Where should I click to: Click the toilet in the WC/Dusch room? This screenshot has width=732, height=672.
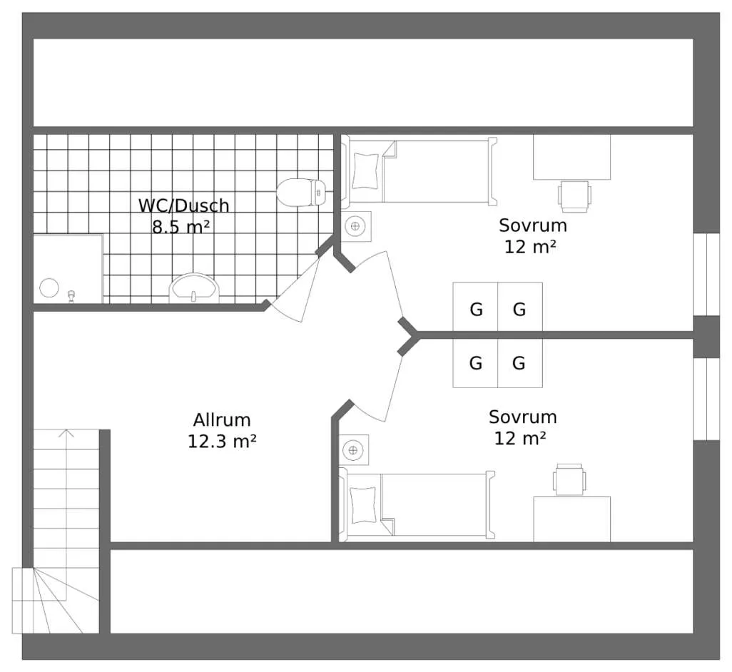pos(301,193)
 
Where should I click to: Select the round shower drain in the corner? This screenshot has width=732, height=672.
pos(49,288)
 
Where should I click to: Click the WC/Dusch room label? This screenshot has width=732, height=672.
pos(184,205)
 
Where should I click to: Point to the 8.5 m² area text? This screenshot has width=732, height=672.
pos(181,228)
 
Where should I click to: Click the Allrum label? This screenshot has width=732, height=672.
pos(222,420)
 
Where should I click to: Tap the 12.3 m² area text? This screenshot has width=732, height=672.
pos(222,441)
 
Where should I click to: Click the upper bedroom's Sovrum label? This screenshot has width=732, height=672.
pos(533,225)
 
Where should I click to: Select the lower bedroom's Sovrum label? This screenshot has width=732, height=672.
pos(522,417)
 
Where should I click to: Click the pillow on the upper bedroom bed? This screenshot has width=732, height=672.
pos(365,170)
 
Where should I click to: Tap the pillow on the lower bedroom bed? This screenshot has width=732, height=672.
pos(362,505)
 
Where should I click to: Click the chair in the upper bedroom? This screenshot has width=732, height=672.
pos(574,196)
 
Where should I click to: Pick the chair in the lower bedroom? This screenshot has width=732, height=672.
pos(569,479)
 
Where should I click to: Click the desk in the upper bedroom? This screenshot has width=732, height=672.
pos(572,157)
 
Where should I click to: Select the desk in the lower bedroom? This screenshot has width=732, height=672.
pos(572,519)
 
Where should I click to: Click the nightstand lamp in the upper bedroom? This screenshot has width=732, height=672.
pos(356,226)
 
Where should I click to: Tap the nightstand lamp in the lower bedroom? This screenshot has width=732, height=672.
pos(353,450)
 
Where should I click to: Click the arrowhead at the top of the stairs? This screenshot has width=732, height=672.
pos(67,432)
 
